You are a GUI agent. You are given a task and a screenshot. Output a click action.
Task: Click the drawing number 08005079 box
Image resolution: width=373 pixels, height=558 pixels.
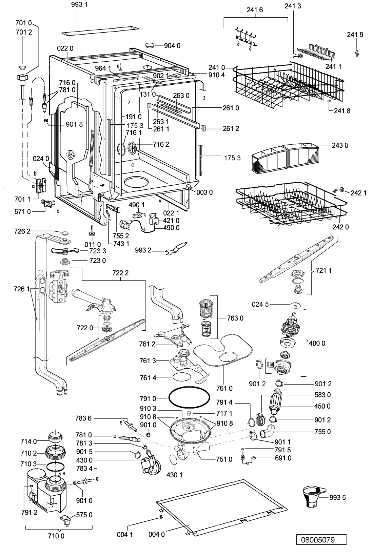click(321, 539)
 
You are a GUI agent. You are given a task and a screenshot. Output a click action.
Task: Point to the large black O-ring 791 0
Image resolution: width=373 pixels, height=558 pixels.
click(189, 397)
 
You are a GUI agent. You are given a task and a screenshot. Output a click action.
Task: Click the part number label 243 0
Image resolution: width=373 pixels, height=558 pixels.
click(340, 145)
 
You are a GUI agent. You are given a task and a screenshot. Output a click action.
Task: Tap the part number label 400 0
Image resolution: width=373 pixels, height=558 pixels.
click(317, 343)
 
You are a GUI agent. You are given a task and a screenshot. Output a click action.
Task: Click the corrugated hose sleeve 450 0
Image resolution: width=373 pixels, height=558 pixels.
click(276, 402)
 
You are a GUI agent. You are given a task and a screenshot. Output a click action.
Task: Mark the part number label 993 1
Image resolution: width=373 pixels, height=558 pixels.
click(79, 4)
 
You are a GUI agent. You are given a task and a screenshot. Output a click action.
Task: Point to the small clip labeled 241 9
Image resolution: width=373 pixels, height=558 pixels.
click(357, 53)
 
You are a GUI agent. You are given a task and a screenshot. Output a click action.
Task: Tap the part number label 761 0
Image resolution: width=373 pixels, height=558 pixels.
click(224, 388)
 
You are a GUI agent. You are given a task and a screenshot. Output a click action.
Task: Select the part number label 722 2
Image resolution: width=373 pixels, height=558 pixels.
click(120, 273)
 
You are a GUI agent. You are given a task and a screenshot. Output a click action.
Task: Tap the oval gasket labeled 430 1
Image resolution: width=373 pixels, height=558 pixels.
click(174, 459)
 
